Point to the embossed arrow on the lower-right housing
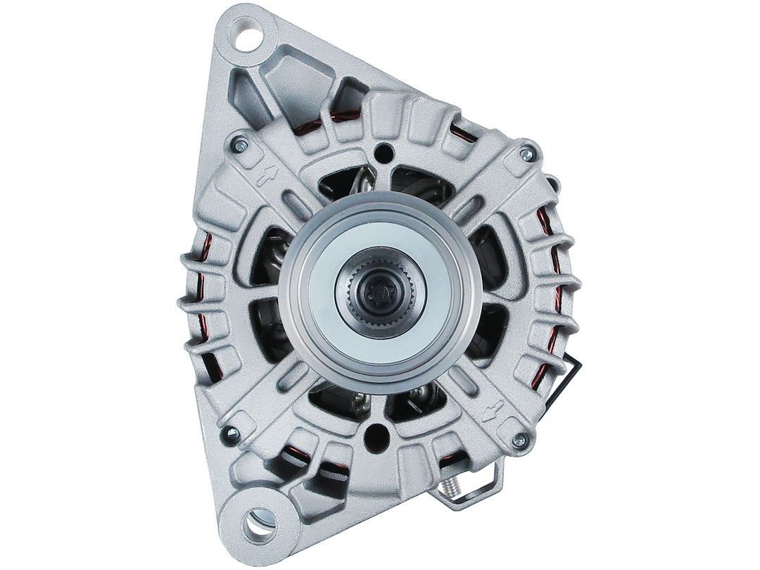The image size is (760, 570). pyautogui.click(x=497, y=407)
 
